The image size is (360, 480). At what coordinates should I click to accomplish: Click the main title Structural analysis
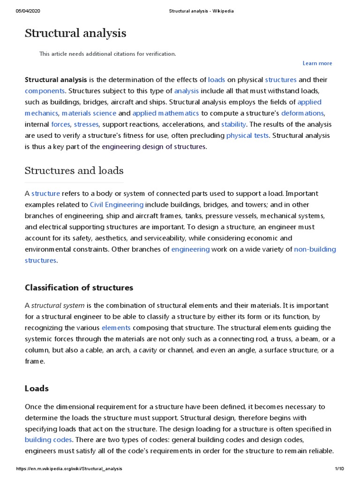point(75,34)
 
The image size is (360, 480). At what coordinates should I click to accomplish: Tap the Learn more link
point(317,63)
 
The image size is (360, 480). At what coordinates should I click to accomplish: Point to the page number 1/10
point(339,469)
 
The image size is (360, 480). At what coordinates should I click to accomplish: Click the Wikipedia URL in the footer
point(69,469)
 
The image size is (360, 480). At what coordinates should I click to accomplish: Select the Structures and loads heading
point(74,170)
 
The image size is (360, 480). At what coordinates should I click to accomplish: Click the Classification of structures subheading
point(79,287)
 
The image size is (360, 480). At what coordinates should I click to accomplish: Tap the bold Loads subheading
point(37,389)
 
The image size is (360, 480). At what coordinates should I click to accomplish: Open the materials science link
point(89,113)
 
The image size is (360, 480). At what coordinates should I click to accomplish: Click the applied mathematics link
point(165,113)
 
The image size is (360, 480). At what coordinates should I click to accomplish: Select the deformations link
point(302,113)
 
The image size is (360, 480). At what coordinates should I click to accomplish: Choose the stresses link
point(86,124)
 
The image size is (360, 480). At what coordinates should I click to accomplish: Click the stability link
point(233,124)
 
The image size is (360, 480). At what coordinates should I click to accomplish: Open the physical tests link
point(247,135)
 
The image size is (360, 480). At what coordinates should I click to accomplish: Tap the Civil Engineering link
point(117,204)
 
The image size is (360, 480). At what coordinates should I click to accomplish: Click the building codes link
point(48,440)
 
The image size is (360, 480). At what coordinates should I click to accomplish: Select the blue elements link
point(116,327)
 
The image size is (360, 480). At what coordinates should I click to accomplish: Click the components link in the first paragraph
point(45,90)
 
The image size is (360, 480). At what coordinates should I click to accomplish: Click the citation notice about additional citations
point(107,54)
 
